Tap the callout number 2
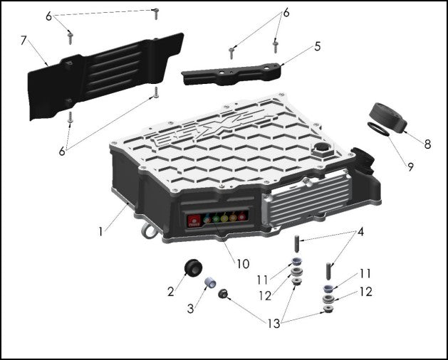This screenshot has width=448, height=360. point(171,290)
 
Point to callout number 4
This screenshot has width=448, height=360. point(361,231)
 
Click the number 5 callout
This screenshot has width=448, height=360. point(317,46)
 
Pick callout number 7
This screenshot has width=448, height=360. point(24,41)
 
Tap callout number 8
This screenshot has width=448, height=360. point(427,144)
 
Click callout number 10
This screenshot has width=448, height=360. point(242,263)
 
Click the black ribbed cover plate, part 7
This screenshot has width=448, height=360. point(100,71)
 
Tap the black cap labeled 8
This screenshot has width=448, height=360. point(387,117)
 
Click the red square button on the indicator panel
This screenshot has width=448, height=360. point(193,221)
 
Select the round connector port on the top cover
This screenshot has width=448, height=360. point(321,151)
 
